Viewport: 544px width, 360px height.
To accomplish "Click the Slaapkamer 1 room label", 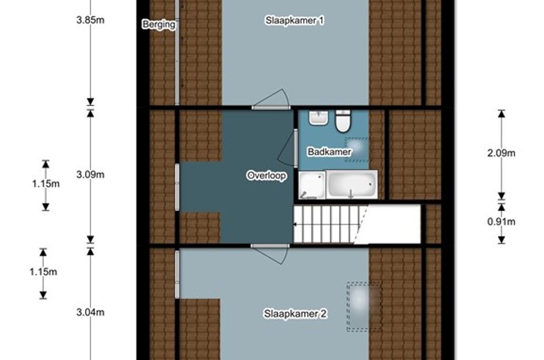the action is [295, 21].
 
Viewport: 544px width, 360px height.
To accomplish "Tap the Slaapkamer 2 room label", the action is [295, 314].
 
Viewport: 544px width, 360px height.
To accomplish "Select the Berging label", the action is [159, 24].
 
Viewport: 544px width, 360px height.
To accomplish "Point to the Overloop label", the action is [267, 175].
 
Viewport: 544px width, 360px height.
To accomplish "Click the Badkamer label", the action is [329, 151].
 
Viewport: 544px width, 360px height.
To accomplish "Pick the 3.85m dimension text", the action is [90, 20].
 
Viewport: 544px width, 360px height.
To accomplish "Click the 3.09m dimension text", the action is [90, 175].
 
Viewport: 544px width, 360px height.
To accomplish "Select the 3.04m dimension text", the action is [90, 312].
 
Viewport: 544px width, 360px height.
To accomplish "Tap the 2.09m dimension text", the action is [501, 153].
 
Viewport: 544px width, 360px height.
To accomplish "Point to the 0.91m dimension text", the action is [501, 222].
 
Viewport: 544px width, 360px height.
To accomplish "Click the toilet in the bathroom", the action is [343, 122].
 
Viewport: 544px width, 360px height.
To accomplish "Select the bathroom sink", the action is [319, 118].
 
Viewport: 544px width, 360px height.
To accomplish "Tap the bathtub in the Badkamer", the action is [352, 184].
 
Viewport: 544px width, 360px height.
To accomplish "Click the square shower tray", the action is [312, 185].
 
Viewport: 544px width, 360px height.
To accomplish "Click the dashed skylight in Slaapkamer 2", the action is [364, 306].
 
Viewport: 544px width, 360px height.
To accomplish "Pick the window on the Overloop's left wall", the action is [177, 187].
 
